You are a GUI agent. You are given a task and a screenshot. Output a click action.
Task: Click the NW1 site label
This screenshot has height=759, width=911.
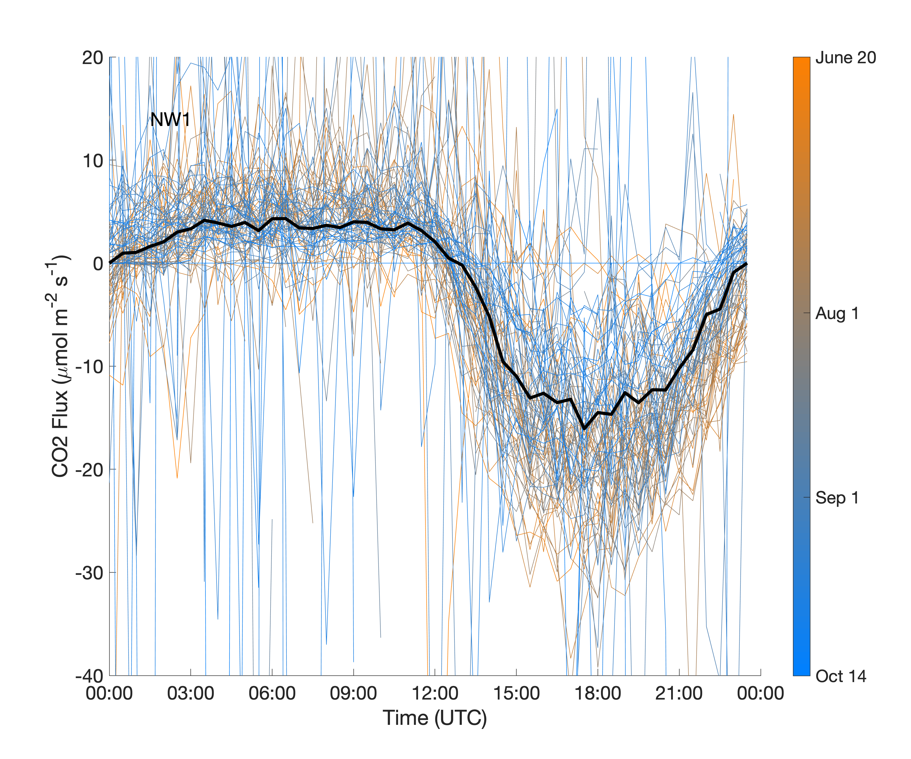click(170, 120)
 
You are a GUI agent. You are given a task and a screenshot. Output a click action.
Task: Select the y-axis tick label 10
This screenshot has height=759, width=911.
click(92, 161)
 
